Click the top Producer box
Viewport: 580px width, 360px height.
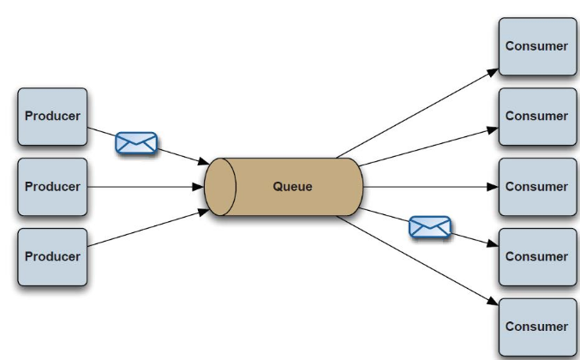(x=52, y=117)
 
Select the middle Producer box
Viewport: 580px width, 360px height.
(x=52, y=187)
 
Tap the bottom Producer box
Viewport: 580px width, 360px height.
(x=52, y=256)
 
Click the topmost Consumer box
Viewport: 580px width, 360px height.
(x=537, y=46)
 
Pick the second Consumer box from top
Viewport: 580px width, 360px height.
(x=537, y=117)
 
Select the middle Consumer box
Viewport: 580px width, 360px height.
(x=537, y=187)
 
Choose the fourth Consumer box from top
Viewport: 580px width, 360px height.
(x=537, y=256)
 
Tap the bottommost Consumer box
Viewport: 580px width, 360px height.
(x=537, y=327)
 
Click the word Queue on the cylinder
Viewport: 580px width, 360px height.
(x=292, y=187)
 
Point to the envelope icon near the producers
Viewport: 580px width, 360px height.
(x=136, y=143)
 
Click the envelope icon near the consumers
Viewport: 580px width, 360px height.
(x=430, y=227)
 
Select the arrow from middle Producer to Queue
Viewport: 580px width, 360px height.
(x=146, y=187)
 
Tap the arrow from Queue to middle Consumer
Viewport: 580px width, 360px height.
(x=428, y=187)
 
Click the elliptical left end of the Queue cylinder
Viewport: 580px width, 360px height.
(x=220, y=187)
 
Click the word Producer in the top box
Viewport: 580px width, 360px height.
(x=52, y=117)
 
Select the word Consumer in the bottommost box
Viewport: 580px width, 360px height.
(x=537, y=327)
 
